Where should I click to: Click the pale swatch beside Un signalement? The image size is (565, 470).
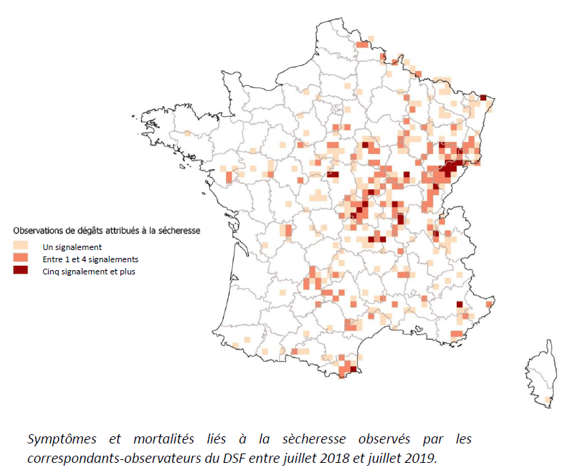(21, 246)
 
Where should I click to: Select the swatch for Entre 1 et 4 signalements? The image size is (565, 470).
(21, 258)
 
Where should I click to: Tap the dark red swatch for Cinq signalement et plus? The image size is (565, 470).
(21, 270)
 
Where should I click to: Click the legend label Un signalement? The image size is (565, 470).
(72, 246)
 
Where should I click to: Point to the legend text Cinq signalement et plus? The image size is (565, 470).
(89, 271)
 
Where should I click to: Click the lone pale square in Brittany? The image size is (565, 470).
(187, 133)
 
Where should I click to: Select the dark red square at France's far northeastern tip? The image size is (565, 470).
(483, 98)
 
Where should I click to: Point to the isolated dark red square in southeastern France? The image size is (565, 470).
(460, 305)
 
